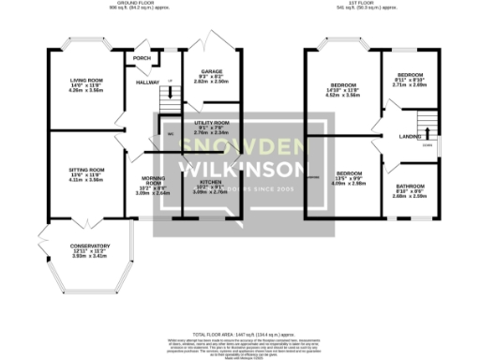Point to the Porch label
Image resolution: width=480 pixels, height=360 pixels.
tap(142, 58)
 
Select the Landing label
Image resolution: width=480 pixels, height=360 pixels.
tap(410, 138)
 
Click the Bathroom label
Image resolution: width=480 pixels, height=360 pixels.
tap(410, 187)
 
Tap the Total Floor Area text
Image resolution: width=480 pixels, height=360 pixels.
tap(243, 334)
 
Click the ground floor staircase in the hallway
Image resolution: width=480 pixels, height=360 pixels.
tap(169, 90)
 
